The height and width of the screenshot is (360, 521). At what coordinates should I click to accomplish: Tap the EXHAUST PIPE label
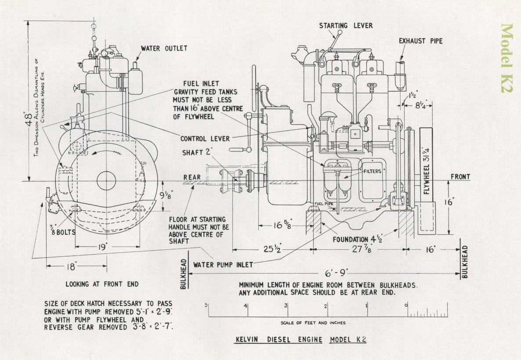[420, 41]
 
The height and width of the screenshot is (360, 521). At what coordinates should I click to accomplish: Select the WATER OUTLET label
[164, 48]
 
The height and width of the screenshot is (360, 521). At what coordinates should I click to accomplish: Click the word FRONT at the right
[460, 177]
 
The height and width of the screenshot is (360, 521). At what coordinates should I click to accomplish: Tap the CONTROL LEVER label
[205, 139]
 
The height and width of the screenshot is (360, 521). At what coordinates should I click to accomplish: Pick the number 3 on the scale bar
[286, 306]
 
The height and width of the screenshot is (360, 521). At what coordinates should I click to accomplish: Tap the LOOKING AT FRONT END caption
[102, 284]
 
